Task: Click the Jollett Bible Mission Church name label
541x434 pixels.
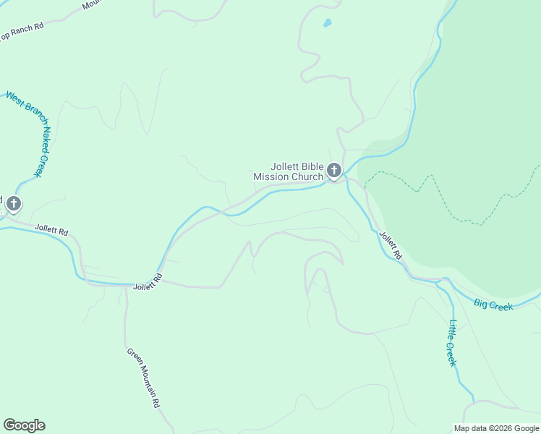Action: coord(288,171)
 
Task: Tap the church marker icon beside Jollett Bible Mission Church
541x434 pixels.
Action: coord(333,171)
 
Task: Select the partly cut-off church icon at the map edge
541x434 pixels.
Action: coord(12,204)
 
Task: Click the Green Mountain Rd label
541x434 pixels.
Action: coord(143,378)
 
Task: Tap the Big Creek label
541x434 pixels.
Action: coord(493,305)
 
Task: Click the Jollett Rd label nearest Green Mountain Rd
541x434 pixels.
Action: coord(148,282)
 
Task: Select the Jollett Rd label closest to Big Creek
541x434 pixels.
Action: coord(390,245)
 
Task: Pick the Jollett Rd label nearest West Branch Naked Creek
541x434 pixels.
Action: coord(51,231)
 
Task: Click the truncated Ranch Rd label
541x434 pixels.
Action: coord(22,30)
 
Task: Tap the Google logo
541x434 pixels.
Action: coord(24,425)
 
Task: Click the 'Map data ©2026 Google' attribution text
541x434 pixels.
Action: coord(496,428)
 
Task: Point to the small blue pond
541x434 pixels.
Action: coord(327,23)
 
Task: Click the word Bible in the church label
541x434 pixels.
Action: coord(307,166)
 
